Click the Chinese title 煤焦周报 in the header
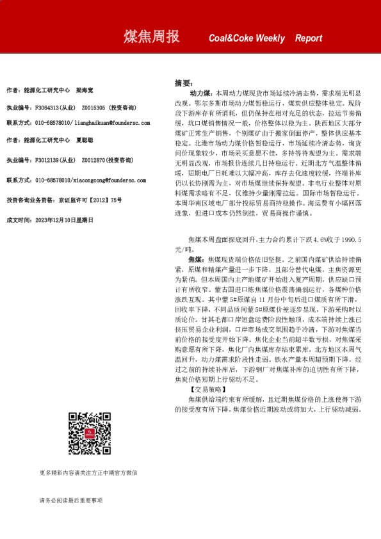pyautogui.click(x=151, y=37)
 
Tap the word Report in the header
pyautogui.click(x=309, y=38)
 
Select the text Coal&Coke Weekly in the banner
pyautogui.click(x=247, y=38)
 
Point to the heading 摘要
pyautogui.click(x=183, y=83)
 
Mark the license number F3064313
pyautogui.click(x=48, y=108)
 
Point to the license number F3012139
pyautogui.click(x=48, y=160)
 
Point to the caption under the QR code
pyautogui.click(x=88, y=473)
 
